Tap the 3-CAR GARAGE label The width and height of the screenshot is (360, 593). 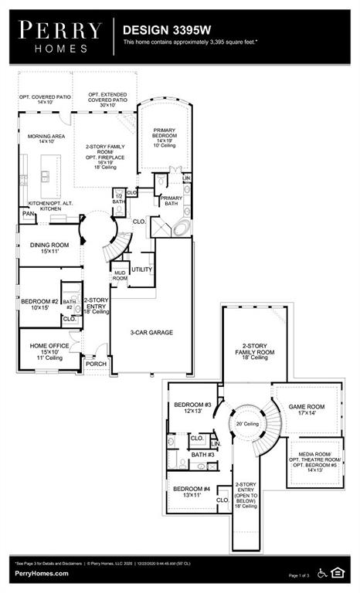151,333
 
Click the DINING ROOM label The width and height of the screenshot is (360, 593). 49,245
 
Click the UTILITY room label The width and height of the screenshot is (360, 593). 142,269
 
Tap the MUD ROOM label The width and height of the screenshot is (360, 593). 120,275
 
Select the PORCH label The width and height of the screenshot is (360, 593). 97,364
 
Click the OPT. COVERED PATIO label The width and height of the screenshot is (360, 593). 44,99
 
